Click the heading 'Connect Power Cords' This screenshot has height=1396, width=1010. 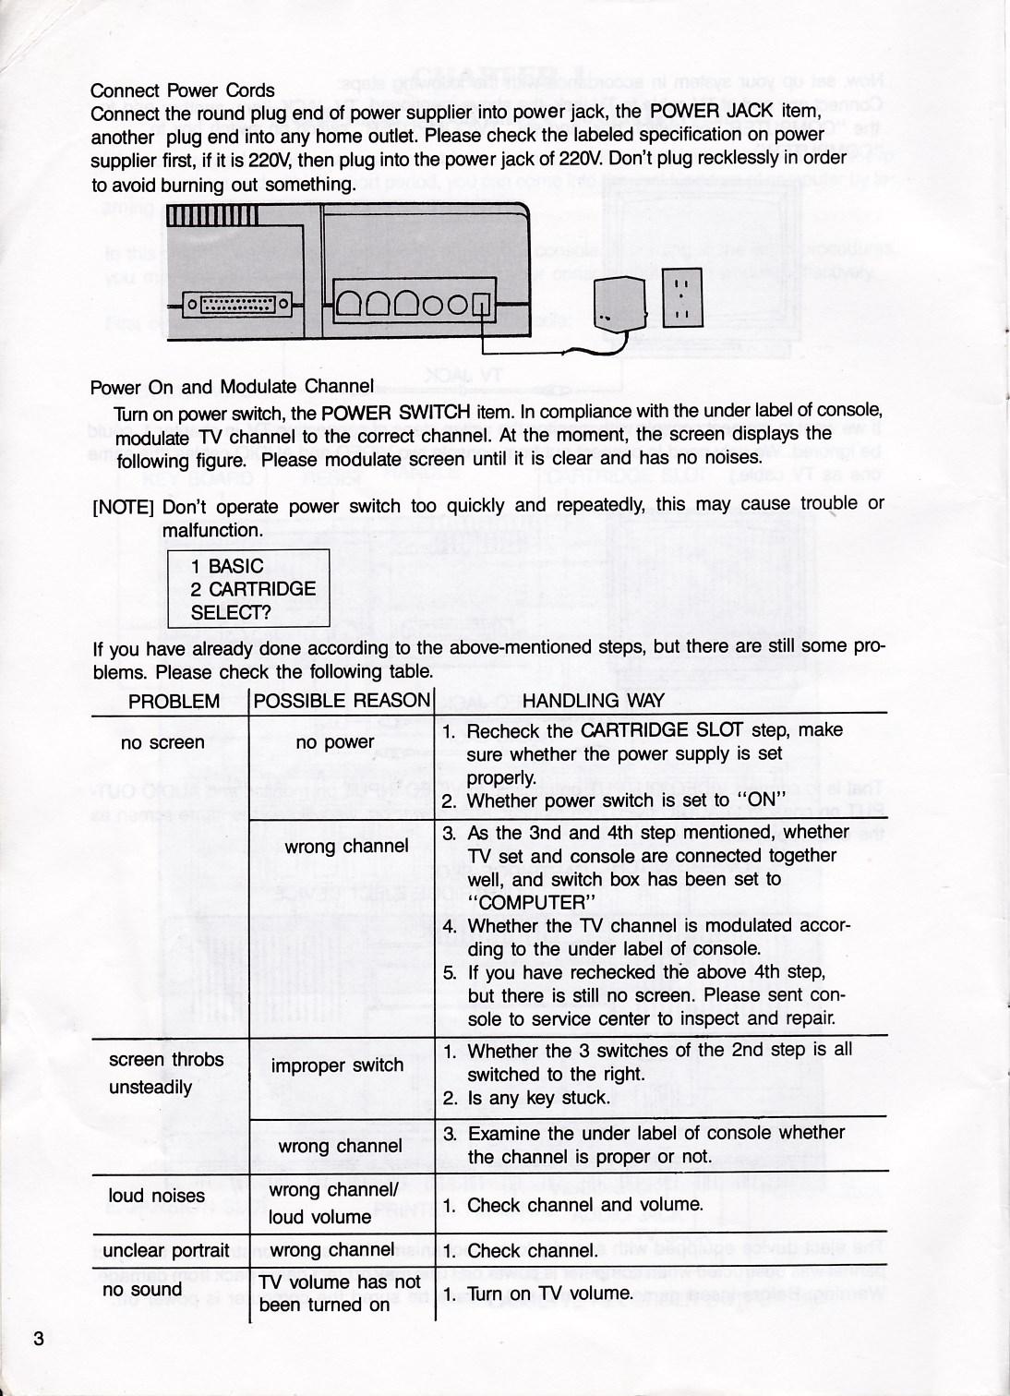182,90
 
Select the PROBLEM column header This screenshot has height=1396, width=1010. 174,701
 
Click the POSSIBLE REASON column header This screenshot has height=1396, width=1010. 342,701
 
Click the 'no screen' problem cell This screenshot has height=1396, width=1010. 162,742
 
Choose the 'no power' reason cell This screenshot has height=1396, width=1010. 334,742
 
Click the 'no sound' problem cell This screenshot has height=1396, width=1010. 142,1289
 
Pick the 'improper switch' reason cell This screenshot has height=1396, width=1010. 337,1065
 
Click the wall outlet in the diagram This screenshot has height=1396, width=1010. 683,301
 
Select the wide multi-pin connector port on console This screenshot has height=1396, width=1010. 238,301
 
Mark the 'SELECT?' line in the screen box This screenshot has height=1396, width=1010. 230,611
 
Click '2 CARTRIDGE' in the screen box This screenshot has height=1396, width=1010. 252,589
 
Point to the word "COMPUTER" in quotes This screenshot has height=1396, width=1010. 527,902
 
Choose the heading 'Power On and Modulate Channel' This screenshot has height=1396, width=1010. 232,387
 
